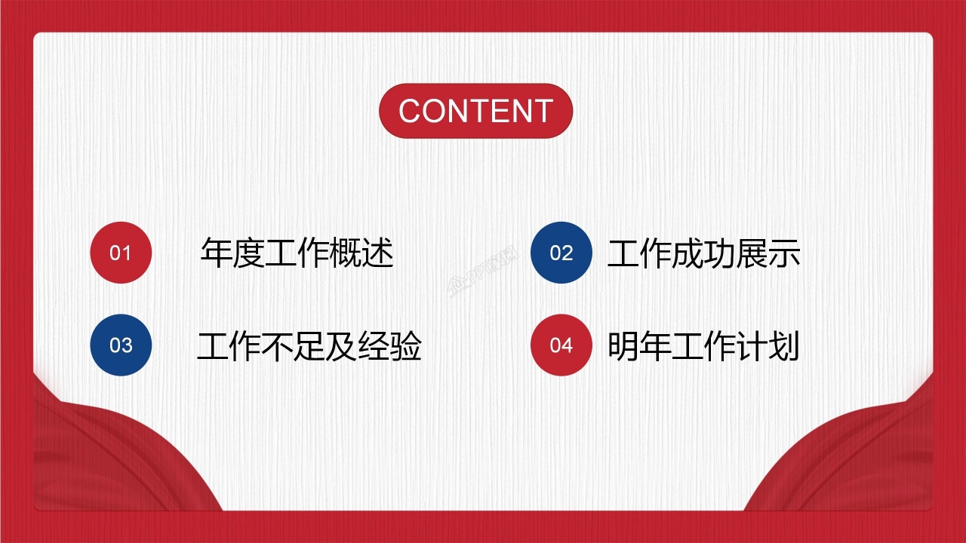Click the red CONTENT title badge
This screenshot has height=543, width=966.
tap(475, 111)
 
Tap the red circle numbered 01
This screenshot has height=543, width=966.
tap(121, 253)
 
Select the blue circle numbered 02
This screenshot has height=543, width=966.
tap(561, 253)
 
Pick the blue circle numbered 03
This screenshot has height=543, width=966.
tap(121, 345)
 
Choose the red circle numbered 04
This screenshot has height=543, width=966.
tap(561, 345)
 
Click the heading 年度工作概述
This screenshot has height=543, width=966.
tap(297, 253)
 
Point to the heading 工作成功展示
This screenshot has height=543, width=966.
tap(703, 254)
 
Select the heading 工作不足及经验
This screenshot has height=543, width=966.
tap(309, 347)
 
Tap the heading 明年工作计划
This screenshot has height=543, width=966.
tap(703, 347)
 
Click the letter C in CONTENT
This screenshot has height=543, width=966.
tap(411, 111)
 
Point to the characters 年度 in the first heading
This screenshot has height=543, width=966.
tap(232, 253)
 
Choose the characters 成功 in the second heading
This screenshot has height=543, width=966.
tap(703, 254)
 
